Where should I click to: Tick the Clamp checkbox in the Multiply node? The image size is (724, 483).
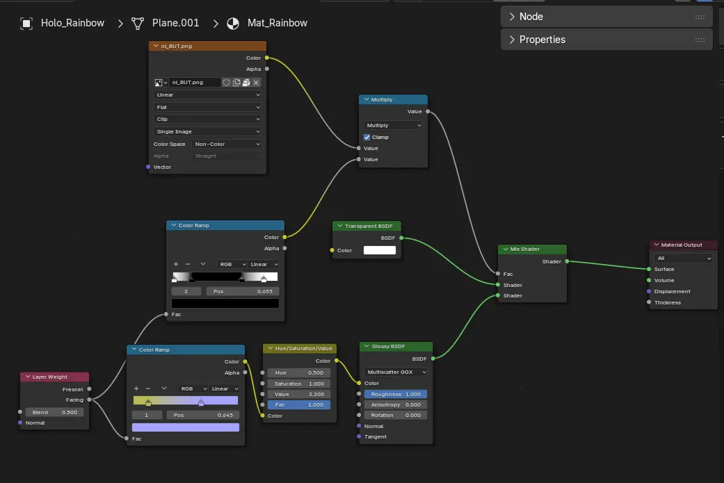click(x=367, y=137)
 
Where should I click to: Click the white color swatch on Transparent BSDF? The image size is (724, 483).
click(x=380, y=250)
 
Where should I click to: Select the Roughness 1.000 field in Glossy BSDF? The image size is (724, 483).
click(x=395, y=394)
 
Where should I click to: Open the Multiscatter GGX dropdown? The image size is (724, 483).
click(x=395, y=372)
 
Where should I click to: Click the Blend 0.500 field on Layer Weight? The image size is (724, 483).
click(x=54, y=412)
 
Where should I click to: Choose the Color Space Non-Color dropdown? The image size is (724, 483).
click(x=226, y=144)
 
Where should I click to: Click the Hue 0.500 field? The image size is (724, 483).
click(x=299, y=373)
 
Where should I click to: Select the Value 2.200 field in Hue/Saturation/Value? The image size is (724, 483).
click(x=299, y=394)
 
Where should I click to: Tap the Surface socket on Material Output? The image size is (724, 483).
click(x=649, y=269)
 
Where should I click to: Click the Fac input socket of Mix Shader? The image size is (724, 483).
click(x=498, y=274)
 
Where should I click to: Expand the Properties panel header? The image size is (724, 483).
click(x=606, y=40)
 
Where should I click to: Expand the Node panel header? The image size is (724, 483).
click(x=606, y=17)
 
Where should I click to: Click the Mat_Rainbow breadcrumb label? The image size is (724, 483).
click(x=277, y=23)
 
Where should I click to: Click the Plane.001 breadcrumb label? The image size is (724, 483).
click(x=175, y=23)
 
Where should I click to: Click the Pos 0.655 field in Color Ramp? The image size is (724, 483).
click(x=243, y=292)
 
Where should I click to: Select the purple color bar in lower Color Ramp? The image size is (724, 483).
click(x=186, y=427)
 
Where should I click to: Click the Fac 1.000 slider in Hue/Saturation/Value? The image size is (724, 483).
click(x=299, y=404)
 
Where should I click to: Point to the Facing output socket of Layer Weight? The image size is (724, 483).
click(x=89, y=400)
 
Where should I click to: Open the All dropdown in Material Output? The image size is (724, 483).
click(x=684, y=259)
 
